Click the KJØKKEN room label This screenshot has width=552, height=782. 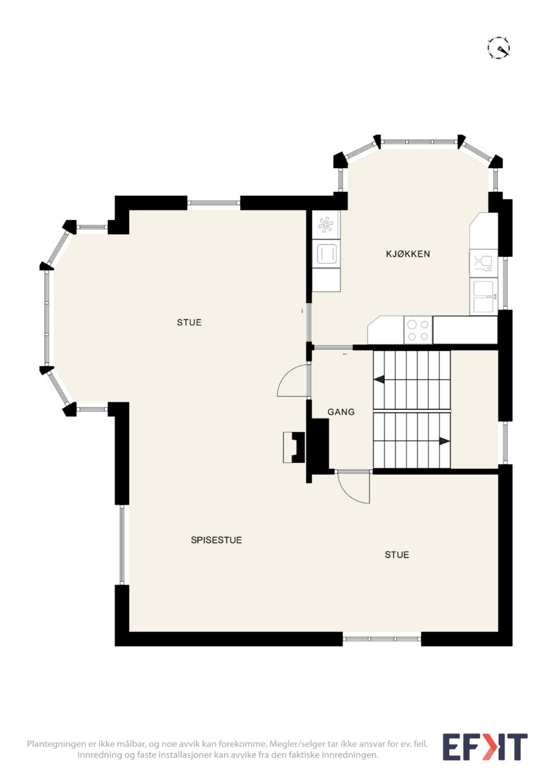coord(408,254)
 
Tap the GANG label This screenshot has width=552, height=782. coord(341,412)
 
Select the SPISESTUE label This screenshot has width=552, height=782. coord(216,540)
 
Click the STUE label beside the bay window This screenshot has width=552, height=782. coord(189,322)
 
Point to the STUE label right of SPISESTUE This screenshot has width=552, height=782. coord(397,555)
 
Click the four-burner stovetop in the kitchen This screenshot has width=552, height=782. coord(418,330)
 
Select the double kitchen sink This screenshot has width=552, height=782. coord(483,296)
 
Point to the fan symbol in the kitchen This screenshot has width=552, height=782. coord(326,225)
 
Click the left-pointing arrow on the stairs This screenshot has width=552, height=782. coord(379,379)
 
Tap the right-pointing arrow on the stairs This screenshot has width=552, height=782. coord(445,441)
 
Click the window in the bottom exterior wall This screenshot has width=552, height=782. coord(381,639)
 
